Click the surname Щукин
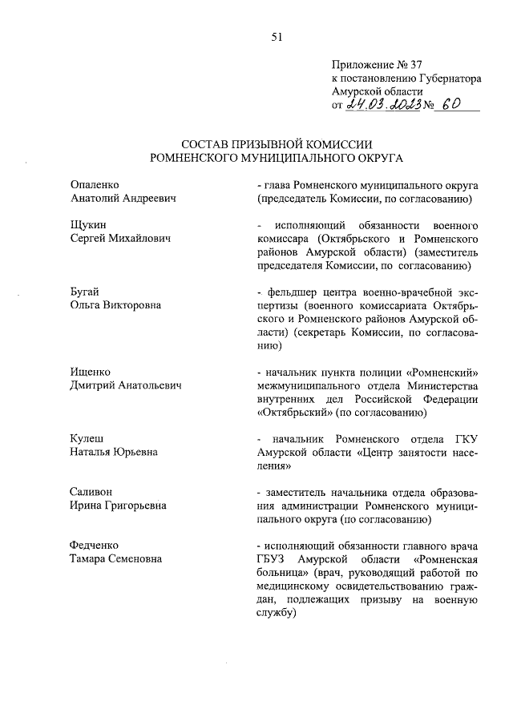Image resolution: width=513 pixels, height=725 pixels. [x=89, y=225]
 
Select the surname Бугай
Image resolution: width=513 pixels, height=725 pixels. [x=86, y=291]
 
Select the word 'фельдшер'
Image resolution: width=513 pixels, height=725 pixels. [x=289, y=291]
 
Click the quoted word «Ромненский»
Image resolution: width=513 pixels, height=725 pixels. [x=443, y=372]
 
